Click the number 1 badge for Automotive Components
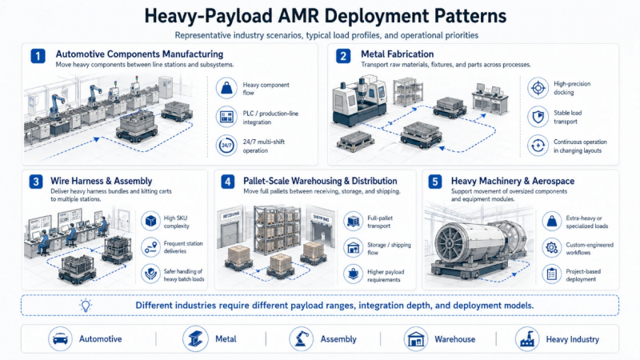(37, 56)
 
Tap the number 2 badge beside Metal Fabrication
(343, 56)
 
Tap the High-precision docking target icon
(537, 87)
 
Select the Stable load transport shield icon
(537, 117)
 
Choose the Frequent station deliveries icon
(150, 247)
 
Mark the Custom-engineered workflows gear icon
(550, 247)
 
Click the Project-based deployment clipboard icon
(550, 274)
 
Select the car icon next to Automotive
(60, 338)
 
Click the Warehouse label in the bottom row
(455, 339)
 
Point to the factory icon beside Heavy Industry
(526, 338)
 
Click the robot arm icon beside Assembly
(301, 338)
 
